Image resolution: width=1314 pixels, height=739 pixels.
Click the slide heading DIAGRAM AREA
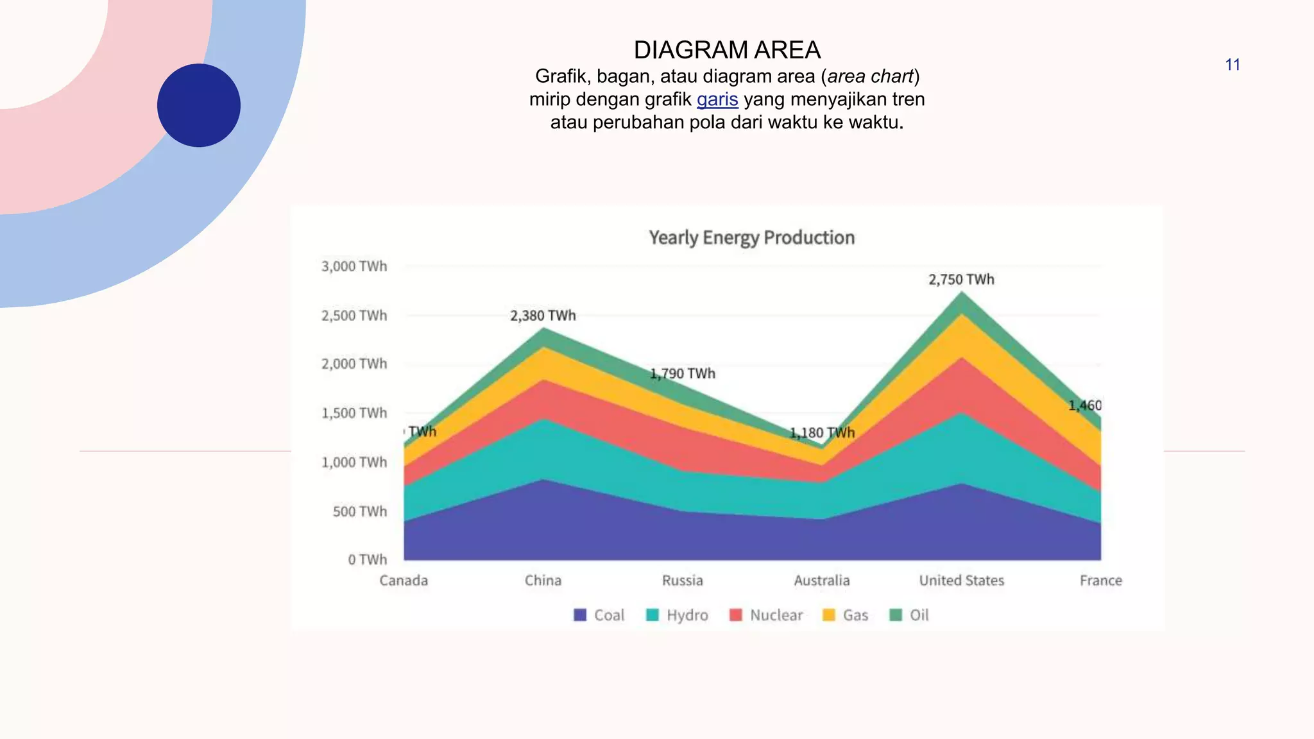click(727, 50)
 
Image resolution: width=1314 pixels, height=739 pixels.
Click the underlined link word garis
click(717, 99)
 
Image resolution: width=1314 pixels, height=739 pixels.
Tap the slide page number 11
click(1232, 65)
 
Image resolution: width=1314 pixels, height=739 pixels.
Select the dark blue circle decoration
click(199, 105)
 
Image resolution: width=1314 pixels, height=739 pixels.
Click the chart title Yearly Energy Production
click(751, 237)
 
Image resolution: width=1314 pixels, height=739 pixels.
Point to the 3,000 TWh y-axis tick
click(354, 266)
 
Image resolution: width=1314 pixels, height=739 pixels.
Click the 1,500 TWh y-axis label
click(354, 413)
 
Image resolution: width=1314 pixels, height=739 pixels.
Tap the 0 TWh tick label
click(368, 560)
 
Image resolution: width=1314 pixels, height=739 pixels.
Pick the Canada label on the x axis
click(404, 581)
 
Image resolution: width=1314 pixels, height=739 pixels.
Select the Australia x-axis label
click(822, 581)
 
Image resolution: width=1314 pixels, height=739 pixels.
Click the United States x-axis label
click(961, 581)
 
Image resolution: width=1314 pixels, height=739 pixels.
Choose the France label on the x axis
click(1100, 581)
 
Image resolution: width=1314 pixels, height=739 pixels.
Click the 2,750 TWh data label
click(961, 280)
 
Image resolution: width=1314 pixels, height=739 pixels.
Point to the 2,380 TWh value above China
click(543, 316)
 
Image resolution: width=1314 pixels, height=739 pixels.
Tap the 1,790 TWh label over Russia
click(683, 373)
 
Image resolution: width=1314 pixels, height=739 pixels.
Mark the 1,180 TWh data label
click(822, 433)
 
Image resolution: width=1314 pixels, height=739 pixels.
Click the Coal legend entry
click(599, 615)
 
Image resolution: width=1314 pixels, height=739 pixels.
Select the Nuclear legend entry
click(766, 615)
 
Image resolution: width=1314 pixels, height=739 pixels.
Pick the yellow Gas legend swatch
click(829, 615)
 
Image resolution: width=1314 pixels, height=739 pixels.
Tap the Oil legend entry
click(909, 615)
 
